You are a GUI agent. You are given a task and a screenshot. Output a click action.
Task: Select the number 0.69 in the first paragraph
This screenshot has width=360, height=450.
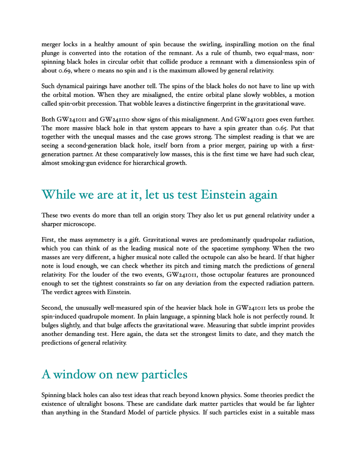(65, 70)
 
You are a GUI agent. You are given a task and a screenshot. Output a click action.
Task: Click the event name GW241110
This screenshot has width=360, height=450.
(115, 119)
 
